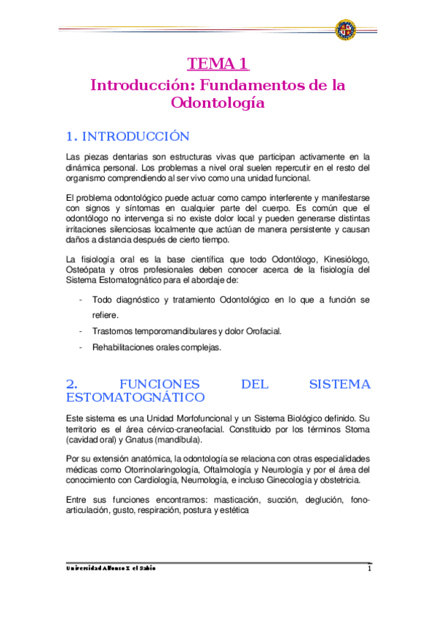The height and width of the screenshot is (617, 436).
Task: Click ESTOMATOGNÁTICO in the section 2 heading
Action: tap(135, 397)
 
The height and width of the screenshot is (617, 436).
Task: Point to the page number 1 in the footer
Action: tap(369, 569)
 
